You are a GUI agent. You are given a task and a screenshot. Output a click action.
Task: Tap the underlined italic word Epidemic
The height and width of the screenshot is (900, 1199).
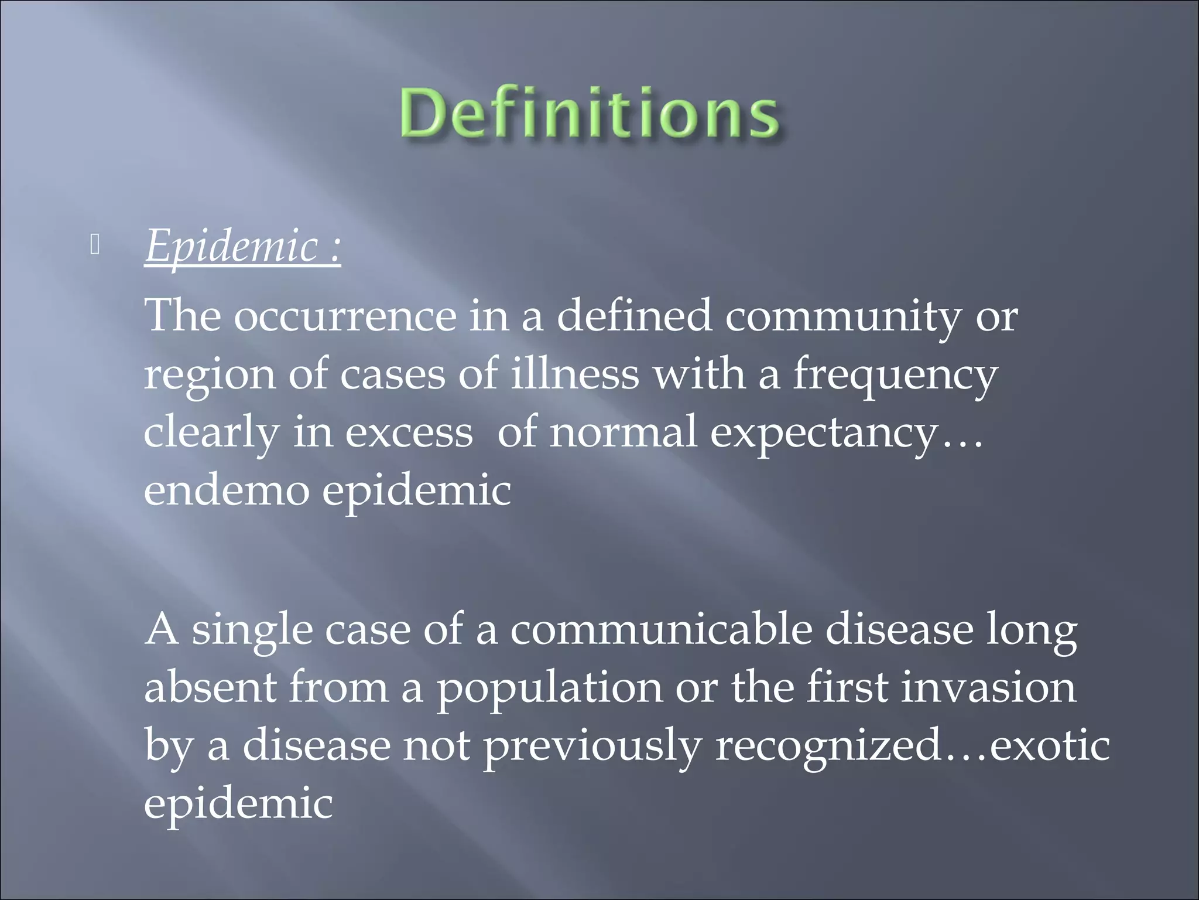(x=231, y=246)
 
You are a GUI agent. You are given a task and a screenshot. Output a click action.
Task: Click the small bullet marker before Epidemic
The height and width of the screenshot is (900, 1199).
(x=95, y=247)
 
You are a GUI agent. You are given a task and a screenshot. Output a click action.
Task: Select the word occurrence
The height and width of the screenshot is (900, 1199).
(x=345, y=316)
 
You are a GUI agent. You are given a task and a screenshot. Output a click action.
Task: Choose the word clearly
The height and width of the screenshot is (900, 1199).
(x=211, y=434)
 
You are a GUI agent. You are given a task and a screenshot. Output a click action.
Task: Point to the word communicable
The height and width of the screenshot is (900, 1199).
(x=661, y=630)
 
